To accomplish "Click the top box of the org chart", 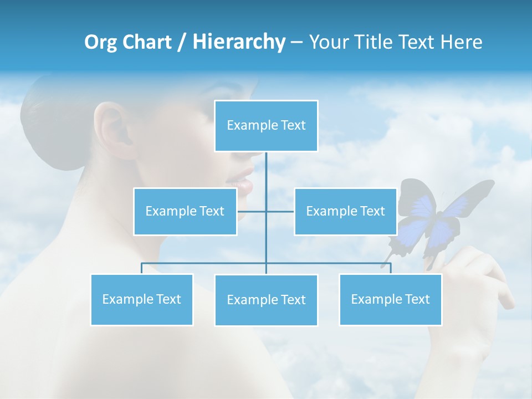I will pos(266,126).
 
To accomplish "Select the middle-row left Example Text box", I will pos(185,212).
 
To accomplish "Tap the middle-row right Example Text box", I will pos(345,212).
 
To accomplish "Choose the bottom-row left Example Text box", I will pos(142,300).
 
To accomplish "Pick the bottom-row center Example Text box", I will pos(266,300).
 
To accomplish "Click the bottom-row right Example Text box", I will pos(390,300).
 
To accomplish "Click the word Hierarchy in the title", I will pos(239,42).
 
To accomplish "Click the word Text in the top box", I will pos(293,126).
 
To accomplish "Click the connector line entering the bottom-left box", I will pos(142,269).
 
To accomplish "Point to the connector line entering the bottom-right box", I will pos(390,269).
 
